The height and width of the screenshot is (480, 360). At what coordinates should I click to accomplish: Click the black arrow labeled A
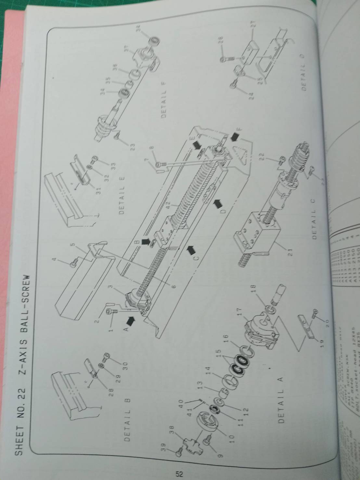pyautogui.click(x=130, y=321)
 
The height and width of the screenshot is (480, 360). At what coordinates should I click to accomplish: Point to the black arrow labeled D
pyautogui.click(x=218, y=204)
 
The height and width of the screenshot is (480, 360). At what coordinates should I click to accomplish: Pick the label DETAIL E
pyautogui.click(x=122, y=195)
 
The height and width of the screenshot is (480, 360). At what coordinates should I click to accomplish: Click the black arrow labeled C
pyautogui.click(x=191, y=250)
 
